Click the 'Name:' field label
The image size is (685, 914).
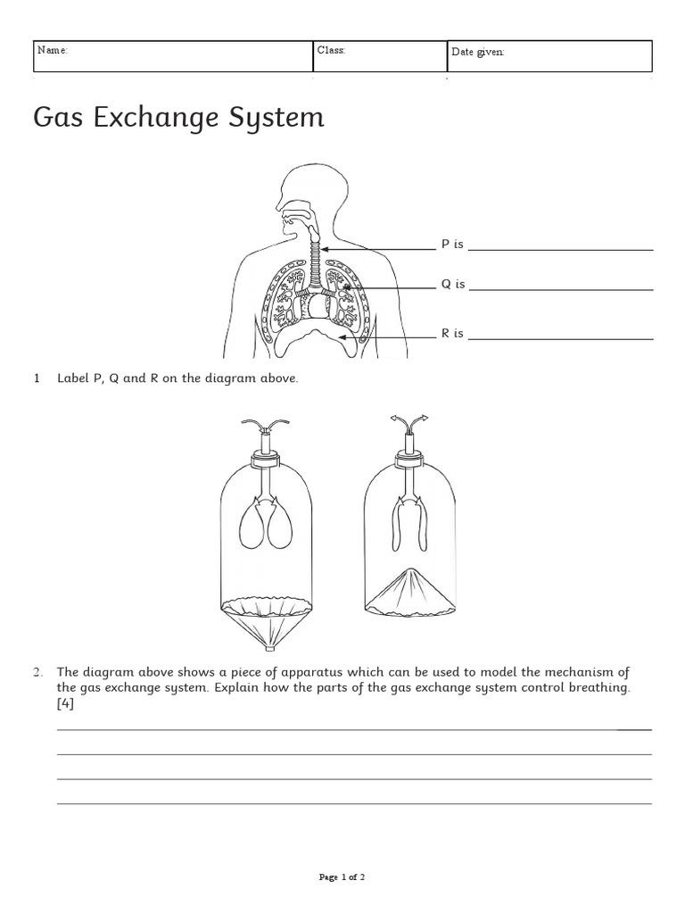pos(52,51)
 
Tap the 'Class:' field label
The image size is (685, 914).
pos(331,51)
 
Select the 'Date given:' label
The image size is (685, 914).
pos(478,52)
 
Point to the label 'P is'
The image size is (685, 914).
pos(452,245)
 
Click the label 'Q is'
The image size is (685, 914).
pos(453,285)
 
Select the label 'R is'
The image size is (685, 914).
pos(452,334)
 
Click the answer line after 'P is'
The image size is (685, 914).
pos(560,250)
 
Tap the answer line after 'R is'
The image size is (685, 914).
pos(560,339)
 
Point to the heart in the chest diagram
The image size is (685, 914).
pos(318,307)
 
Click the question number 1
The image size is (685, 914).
pos(37,378)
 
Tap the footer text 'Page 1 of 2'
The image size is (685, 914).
pos(342,877)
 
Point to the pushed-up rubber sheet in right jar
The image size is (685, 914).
pos(412,590)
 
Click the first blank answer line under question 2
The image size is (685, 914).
pos(354,729)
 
